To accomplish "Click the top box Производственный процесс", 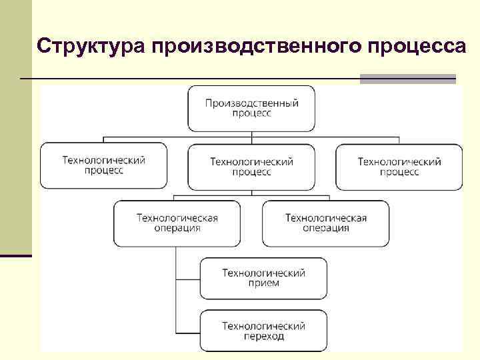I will pyautogui.click(x=251, y=108).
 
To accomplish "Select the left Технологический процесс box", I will pyautogui.click(x=103, y=165).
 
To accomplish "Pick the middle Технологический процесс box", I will pyautogui.click(x=251, y=167).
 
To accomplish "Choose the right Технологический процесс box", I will pyautogui.click(x=399, y=167).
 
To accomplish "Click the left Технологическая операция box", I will pyautogui.click(x=177, y=223).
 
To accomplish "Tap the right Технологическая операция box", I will pyautogui.click(x=325, y=223).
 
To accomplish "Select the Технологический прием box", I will pyautogui.click(x=263, y=278).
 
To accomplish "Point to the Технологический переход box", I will pyautogui.click(x=263, y=331).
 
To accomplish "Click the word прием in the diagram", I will pyautogui.click(x=263, y=283).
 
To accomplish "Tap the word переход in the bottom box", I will pyautogui.click(x=263, y=337).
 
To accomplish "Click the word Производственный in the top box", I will pyautogui.click(x=251, y=103).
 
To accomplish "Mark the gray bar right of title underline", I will pyautogui.click(x=407, y=79).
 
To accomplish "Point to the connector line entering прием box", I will pyautogui.click(x=188, y=279).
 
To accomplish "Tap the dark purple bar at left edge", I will pyautogui.click(x=16, y=256).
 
